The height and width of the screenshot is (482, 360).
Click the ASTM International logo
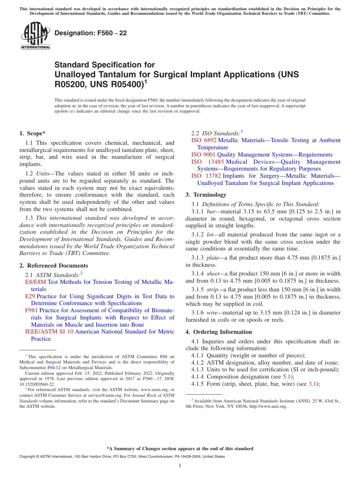click(35, 36)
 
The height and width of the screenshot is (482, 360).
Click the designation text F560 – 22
click(91, 33)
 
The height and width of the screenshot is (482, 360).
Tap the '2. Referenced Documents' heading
click(54, 266)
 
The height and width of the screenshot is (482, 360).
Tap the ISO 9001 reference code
click(203, 155)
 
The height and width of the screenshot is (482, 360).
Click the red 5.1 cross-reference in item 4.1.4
click(288, 377)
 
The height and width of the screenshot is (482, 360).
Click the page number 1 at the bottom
click(180, 465)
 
